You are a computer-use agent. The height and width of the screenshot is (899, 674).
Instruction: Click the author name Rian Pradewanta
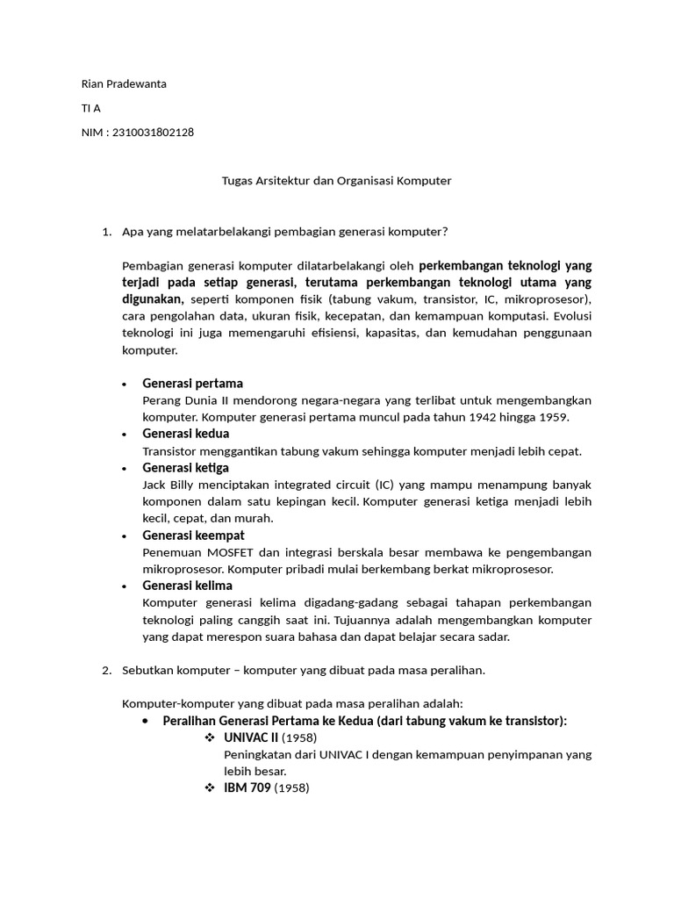[x=124, y=84]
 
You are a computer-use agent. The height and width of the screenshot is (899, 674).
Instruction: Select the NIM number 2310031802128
[x=153, y=133]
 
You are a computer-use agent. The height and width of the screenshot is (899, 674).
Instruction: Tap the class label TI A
[x=90, y=108]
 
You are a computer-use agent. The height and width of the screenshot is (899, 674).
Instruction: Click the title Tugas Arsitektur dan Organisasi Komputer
[x=336, y=181]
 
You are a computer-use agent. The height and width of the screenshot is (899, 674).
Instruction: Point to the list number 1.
[x=105, y=232]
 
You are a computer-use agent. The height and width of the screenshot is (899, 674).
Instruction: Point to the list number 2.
[x=105, y=670]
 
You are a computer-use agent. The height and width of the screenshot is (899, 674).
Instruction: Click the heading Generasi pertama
[x=192, y=384]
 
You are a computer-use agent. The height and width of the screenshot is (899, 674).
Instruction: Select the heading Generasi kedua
[x=185, y=434]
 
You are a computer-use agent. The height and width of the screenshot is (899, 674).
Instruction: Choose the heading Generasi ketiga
[x=185, y=468]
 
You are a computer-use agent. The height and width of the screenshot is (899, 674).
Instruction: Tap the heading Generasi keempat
[x=193, y=535]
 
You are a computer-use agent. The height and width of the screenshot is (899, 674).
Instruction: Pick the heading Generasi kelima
[x=187, y=586]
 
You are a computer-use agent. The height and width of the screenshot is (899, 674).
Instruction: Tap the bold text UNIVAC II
[x=251, y=737]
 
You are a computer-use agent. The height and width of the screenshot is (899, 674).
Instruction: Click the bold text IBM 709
[x=247, y=788]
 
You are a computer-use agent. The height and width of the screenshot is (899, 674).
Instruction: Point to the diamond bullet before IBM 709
[x=210, y=788]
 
